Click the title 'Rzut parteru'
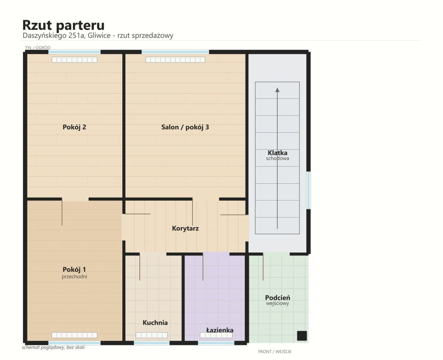[63, 25]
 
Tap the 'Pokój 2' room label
[74, 127]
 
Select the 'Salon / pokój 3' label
[185, 127]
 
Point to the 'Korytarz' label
[185, 228]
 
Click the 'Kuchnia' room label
[155, 323]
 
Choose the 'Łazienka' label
[220, 330]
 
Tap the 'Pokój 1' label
[74, 269]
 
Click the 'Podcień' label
[278, 297]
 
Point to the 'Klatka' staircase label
[278, 153]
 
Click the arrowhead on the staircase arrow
[277, 90]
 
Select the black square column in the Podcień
[302, 336]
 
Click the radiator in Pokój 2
[75, 60]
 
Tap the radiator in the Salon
[175, 60]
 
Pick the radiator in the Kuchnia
[152, 335]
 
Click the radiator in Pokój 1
[75, 335]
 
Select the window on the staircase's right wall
[309, 190]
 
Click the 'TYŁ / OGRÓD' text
[38, 48]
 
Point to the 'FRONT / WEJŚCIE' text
[275, 352]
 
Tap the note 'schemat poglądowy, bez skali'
[53, 347]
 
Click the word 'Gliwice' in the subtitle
[99, 35]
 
